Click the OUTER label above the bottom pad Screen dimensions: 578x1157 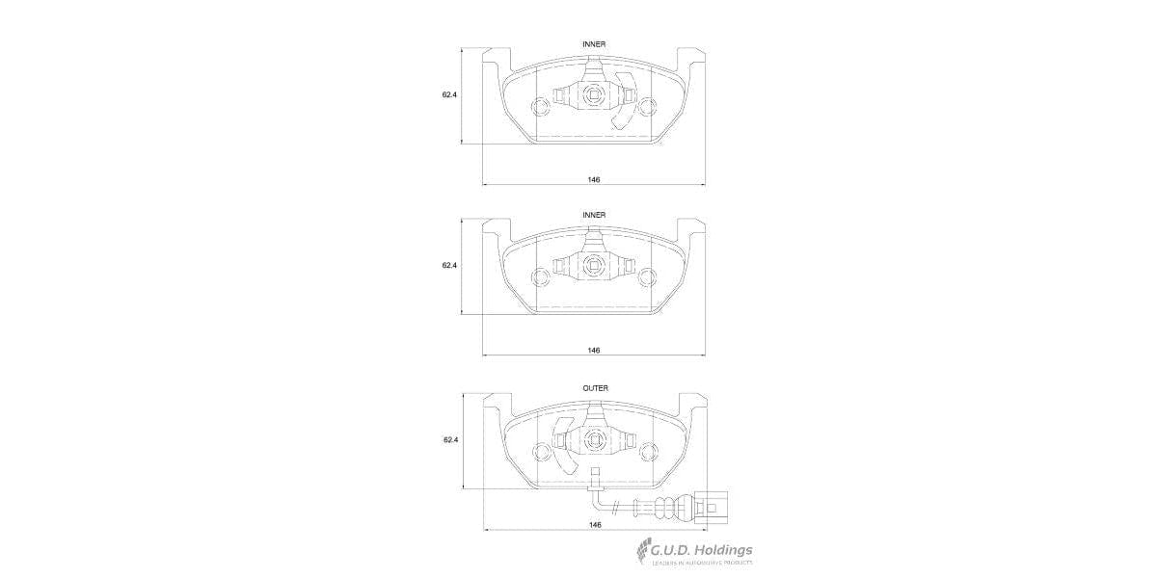tap(595, 388)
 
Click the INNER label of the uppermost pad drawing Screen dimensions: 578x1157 tap(594, 44)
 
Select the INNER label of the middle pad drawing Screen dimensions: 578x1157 tap(594, 214)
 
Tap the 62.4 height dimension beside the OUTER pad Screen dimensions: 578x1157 tap(450, 439)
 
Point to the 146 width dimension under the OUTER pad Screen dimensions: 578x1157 tap(595, 524)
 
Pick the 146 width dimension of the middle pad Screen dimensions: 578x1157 tap(594, 350)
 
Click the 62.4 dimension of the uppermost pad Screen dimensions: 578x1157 tap(449, 94)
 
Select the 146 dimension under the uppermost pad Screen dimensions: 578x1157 tap(594, 180)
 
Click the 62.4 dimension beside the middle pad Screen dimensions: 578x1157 tap(449, 265)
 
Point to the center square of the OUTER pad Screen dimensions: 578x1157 tap(594, 442)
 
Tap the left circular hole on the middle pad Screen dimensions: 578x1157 tap(541, 278)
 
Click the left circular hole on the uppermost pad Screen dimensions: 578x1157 tap(541, 106)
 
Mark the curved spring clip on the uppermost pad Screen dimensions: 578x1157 tap(625, 101)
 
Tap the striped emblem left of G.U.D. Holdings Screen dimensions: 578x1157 tap(641, 554)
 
